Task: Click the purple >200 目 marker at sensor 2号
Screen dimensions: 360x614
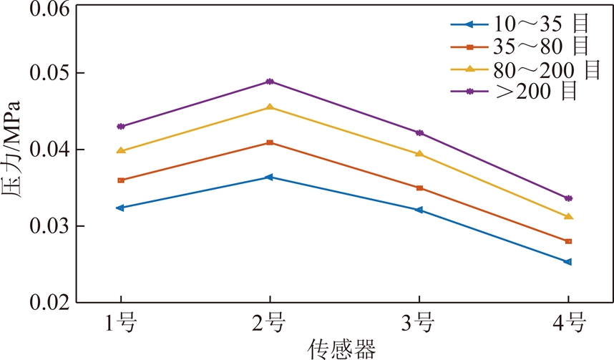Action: click(270, 82)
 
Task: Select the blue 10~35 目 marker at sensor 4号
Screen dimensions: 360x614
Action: click(567, 262)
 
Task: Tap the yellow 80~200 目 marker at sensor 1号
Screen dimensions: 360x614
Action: click(120, 150)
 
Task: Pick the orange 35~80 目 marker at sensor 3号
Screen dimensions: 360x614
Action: click(419, 188)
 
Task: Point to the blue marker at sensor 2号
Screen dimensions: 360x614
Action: click(270, 177)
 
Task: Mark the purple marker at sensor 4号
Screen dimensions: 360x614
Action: click(568, 198)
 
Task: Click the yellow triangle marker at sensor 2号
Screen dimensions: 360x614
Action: click(270, 107)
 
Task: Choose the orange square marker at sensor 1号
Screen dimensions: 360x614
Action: click(120, 180)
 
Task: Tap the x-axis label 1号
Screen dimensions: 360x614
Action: click(120, 324)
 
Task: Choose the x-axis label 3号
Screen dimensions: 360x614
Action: click(419, 324)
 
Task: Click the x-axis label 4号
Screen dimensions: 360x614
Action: click(568, 324)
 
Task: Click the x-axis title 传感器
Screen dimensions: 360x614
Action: click(342, 349)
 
